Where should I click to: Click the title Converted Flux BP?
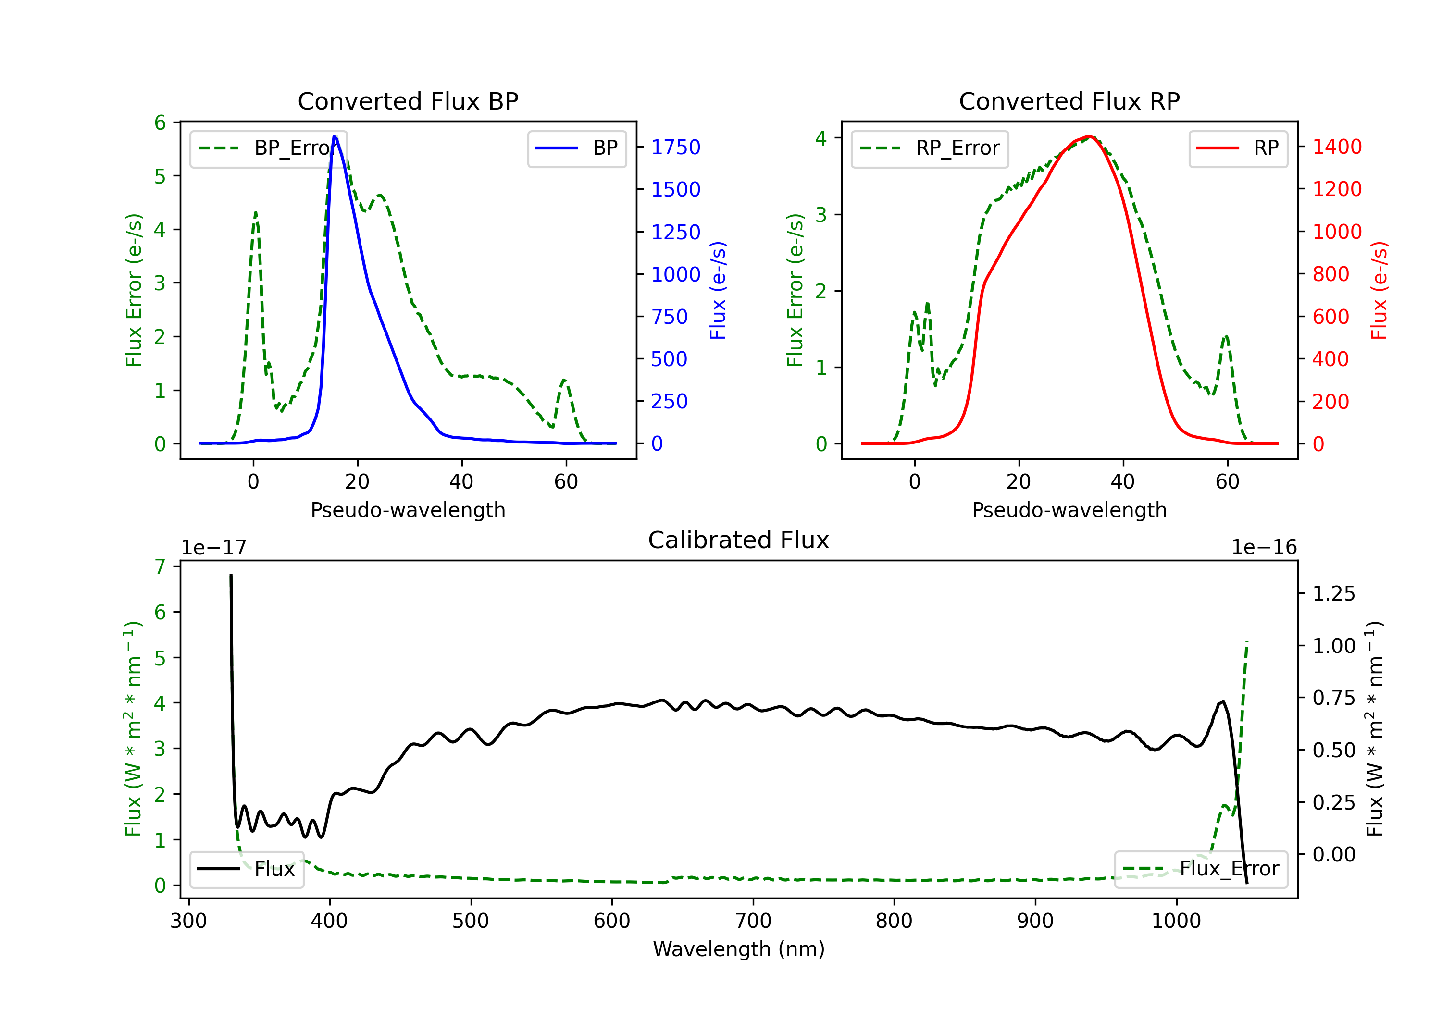coord(408,101)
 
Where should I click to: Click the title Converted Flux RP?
coord(1069,101)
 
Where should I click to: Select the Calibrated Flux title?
coord(739,540)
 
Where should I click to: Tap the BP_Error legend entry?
coord(268,148)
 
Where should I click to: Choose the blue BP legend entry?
coord(576,148)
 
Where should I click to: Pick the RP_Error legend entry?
coord(930,148)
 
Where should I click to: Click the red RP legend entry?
coord(1238,148)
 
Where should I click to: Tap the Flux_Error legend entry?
coord(1201,869)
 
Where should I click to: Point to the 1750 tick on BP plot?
coord(676,147)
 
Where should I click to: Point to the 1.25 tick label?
coord(1334,593)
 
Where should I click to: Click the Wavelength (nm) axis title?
coord(739,949)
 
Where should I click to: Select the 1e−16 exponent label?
coord(1264,548)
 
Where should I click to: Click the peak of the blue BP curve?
coord(335,136)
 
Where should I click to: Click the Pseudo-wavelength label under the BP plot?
coord(408,510)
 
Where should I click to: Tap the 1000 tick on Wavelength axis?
coord(1176,921)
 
